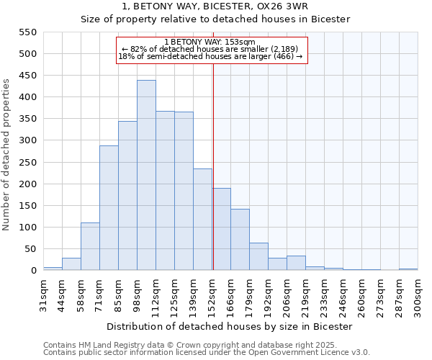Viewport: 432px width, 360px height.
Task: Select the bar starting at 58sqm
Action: [90, 246]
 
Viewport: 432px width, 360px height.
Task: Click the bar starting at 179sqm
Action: [258, 256]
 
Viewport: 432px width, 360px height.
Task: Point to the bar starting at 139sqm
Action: [202, 219]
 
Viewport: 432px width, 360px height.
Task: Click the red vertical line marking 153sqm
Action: [213, 166]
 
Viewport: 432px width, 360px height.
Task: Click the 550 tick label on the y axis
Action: [27, 32]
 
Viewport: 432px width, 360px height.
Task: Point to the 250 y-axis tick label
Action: [27, 163]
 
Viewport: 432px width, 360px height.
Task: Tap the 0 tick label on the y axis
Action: [32, 271]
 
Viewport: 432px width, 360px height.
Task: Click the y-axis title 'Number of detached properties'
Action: [6, 155]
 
